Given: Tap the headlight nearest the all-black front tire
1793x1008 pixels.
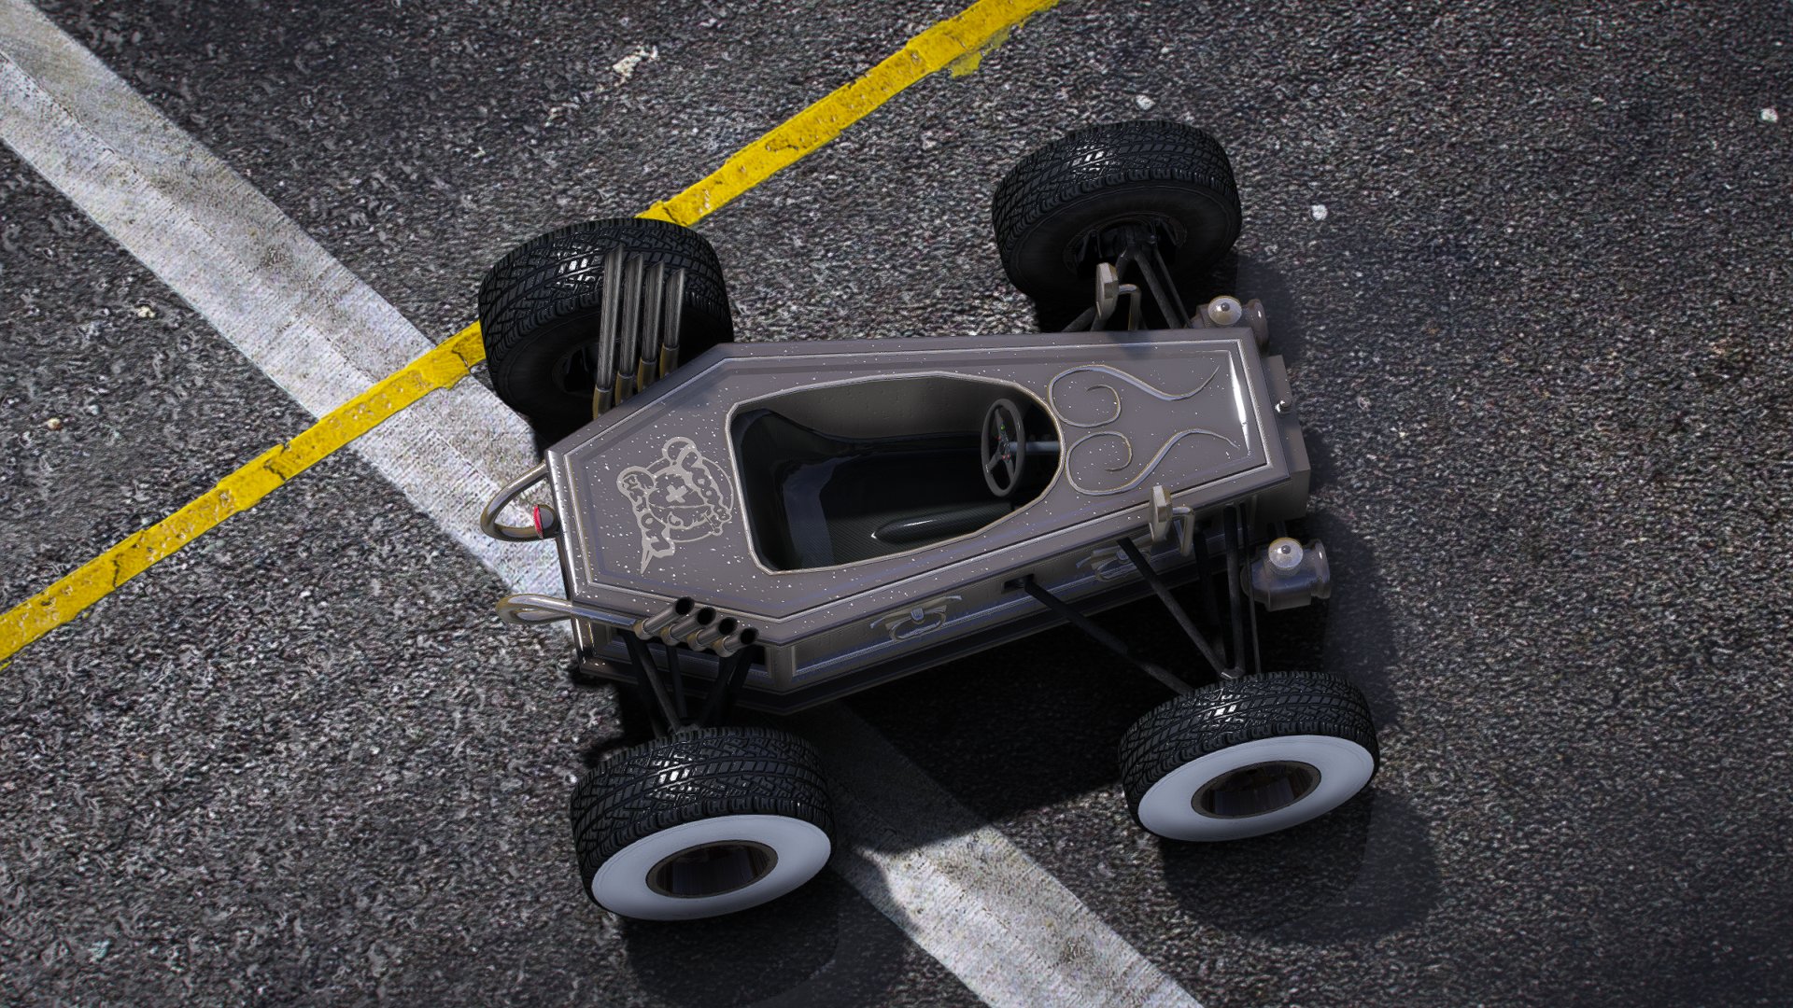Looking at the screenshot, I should (1231, 312).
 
